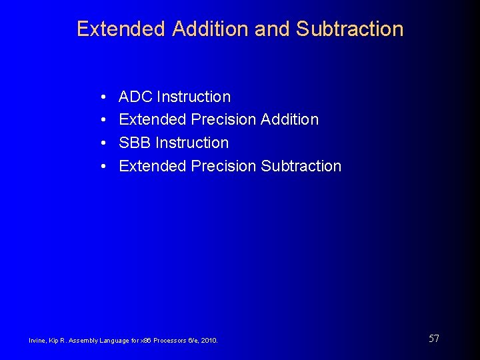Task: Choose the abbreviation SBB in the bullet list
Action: (135, 143)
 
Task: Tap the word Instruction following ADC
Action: (193, 97)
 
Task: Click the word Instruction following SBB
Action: (192, 143)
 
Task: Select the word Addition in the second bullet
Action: (290, 119)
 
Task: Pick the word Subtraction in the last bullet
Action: (301, 165)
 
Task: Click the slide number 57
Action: (433, 339)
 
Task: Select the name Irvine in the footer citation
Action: (37, 341)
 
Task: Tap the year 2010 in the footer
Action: (208, 341)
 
